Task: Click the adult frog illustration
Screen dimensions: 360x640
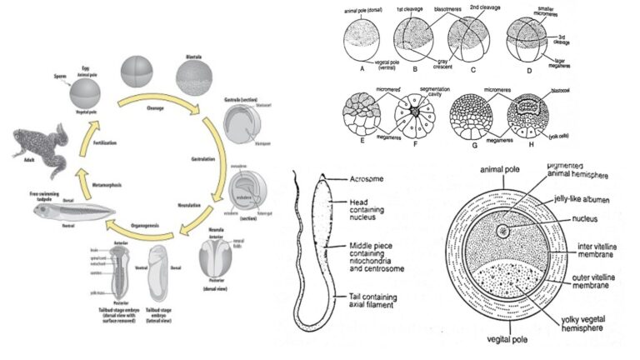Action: [x=38, y=151]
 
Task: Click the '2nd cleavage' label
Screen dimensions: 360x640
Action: [x=482, y=7]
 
